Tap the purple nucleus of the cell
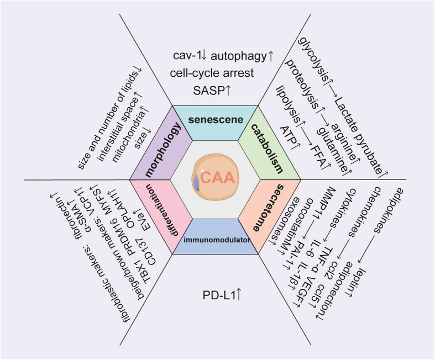point(196,182)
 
